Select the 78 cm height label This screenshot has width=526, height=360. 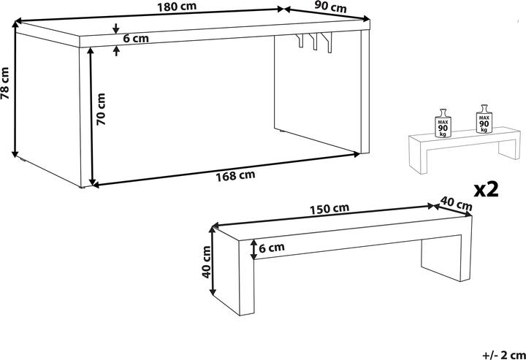coord(6,83)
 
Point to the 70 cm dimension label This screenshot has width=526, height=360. coord(102,110)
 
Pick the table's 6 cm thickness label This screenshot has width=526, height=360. coord(137,39)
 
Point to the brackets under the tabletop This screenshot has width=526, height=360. coord(315,42)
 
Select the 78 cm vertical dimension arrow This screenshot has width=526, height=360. coord(15,88)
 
